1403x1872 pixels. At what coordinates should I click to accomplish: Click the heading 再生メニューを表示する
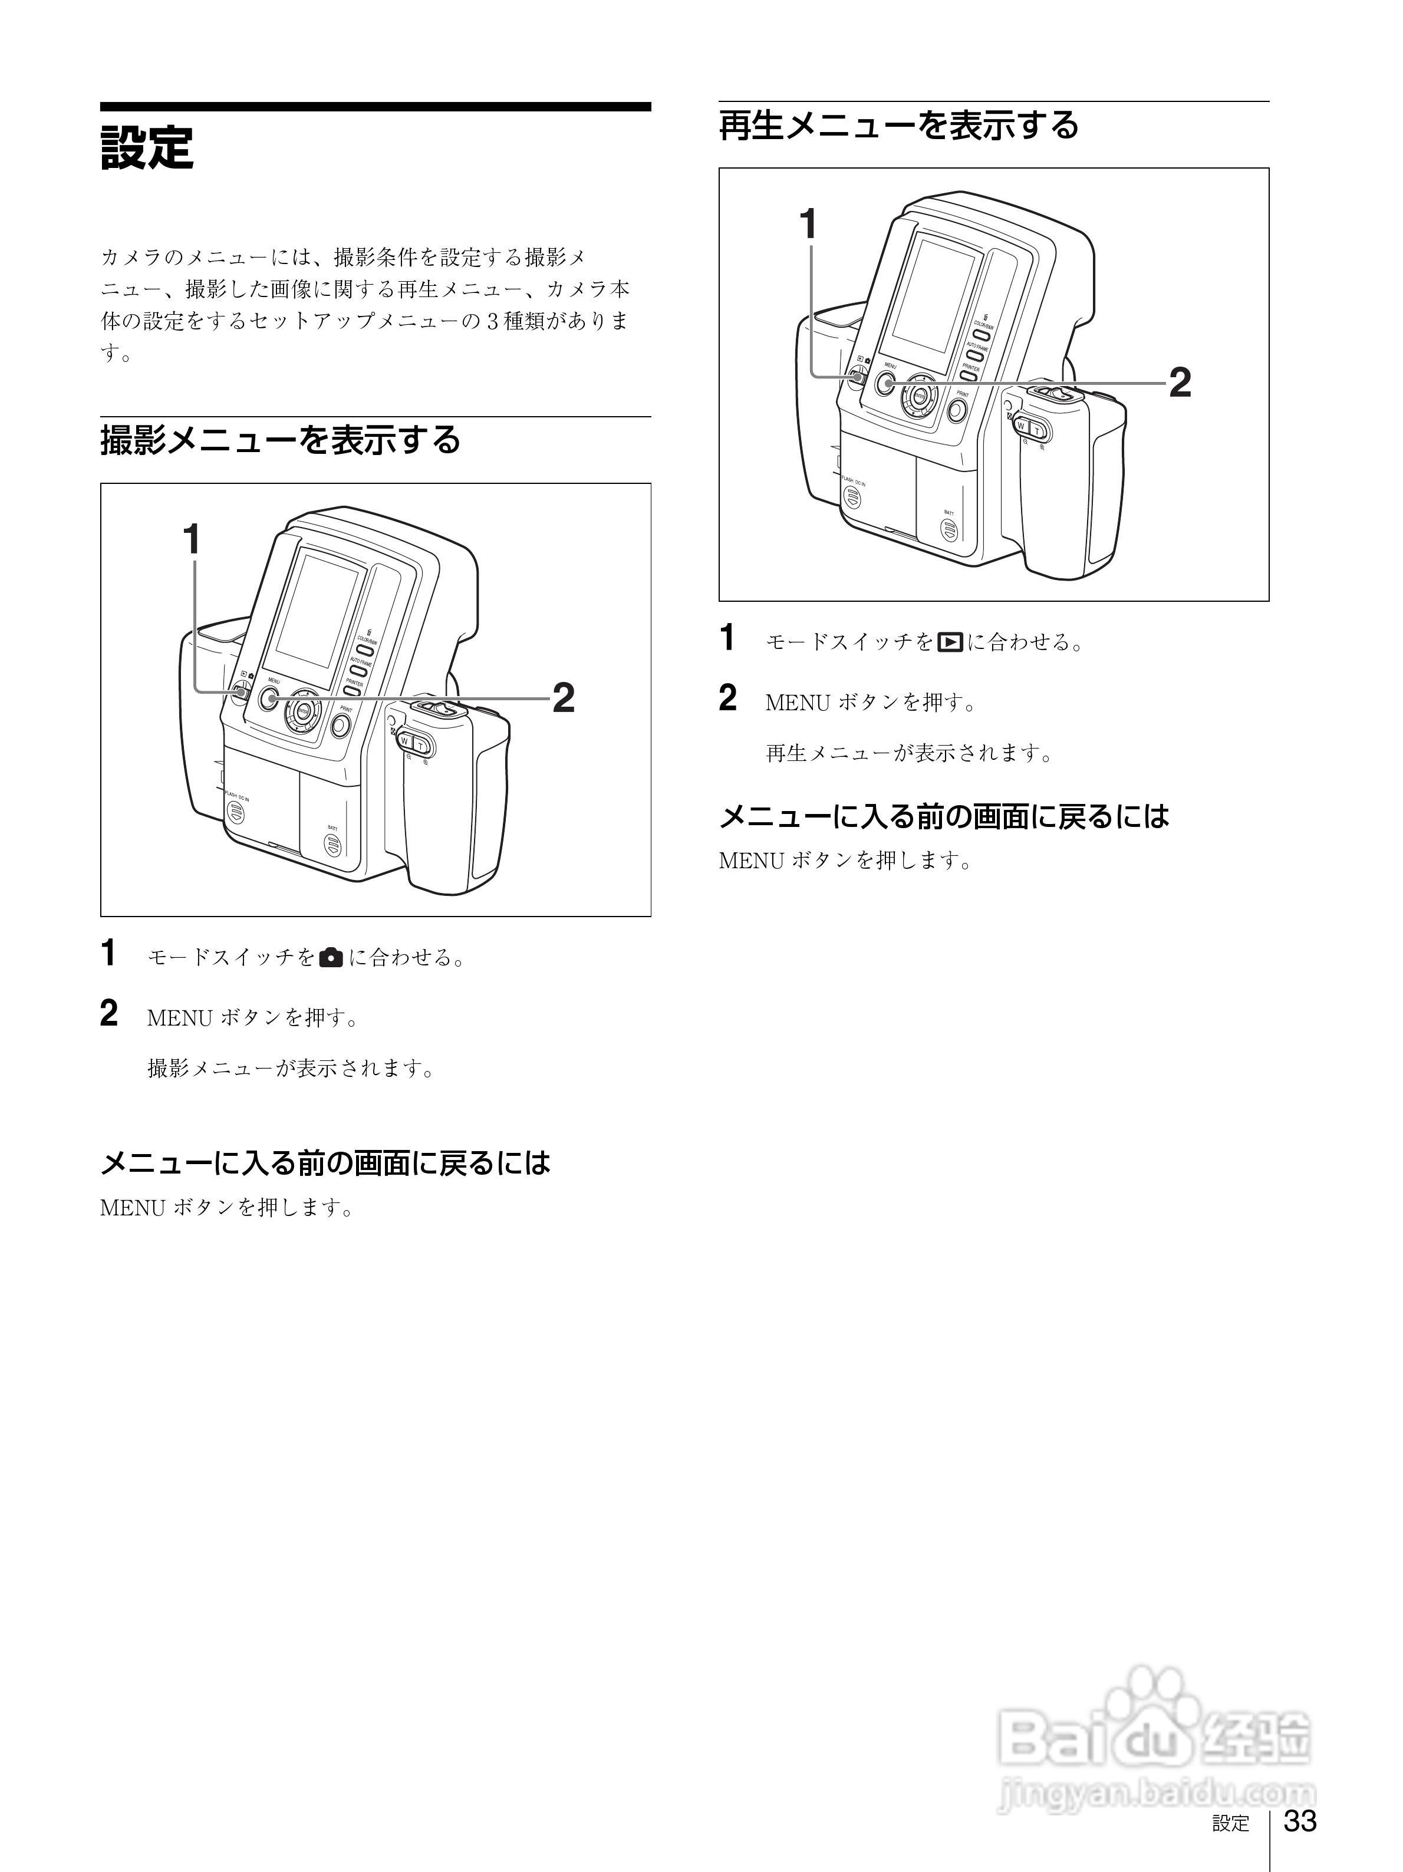point(898,125)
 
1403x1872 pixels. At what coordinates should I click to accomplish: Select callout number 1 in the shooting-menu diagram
point(193,538)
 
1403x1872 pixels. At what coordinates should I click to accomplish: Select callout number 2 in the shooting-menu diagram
point(564,698)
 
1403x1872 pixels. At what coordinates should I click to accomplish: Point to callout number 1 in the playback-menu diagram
point(809,224)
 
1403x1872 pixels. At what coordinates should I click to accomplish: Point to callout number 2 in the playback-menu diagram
point(1180,383)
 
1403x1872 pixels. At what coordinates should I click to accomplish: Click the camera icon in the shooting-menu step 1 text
point(332,957)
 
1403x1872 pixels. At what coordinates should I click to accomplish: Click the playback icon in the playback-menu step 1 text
point(950,642)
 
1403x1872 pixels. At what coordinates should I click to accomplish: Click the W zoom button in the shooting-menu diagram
point(404,742)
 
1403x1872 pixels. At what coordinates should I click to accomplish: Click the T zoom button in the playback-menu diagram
point(1038,431)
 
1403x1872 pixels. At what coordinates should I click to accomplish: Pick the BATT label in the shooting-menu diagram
point(332,827)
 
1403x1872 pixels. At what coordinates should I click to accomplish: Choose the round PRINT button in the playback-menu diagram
point(957,410)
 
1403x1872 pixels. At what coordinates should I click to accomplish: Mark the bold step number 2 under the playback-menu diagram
point(727,699)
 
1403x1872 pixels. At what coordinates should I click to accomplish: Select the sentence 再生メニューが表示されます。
point(910,752)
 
